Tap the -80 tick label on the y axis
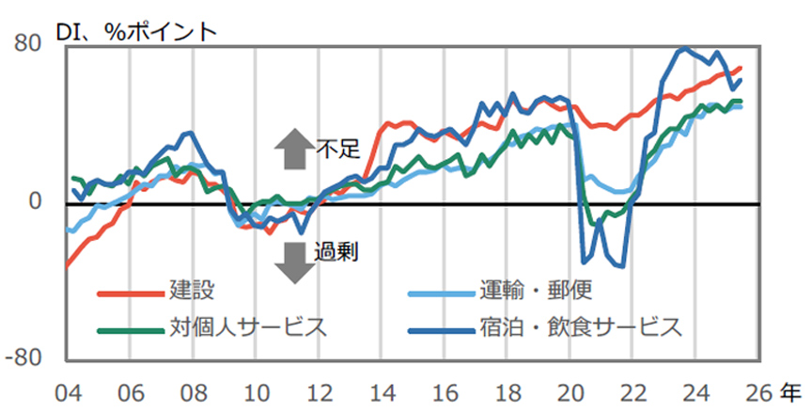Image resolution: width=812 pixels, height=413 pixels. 27,358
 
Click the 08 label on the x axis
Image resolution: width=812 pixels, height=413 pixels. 193,389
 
